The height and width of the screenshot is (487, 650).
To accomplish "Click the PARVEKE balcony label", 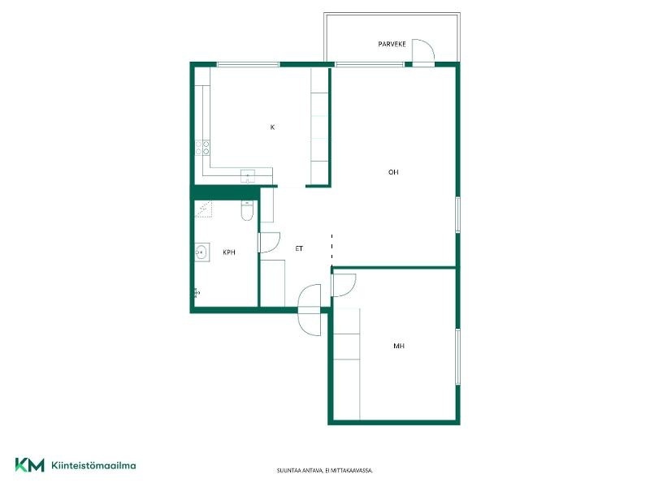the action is tap(392, 44).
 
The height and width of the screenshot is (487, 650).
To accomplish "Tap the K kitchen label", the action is tap(272, 127).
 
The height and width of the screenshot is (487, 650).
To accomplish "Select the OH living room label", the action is tap(393, 172).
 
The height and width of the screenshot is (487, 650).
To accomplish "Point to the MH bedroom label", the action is tap(399, 346).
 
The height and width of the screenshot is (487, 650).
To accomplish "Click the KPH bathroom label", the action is tap(229, 252).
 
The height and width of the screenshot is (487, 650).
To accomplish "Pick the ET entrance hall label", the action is tap(299, 248).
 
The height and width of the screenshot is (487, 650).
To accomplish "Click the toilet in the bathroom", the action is tap(247, 210).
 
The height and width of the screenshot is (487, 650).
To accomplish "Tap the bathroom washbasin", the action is tap(201, 252).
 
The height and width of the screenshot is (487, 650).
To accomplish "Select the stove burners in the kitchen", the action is tap(202, 148).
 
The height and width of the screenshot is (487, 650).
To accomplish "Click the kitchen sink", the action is tap(248, 175).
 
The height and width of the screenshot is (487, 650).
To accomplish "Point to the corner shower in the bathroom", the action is tap(204, 209).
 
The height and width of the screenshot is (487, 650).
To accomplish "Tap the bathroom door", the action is tap(269, 242).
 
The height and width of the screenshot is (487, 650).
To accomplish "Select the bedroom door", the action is tap(344, 285).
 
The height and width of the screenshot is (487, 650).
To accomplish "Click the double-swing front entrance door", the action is tap(310, 310).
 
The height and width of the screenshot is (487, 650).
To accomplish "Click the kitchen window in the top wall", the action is tap(249, 65).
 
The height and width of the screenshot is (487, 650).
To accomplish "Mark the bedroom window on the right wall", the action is tap(457, 357).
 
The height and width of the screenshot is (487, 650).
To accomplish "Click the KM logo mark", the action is tap(30, 464).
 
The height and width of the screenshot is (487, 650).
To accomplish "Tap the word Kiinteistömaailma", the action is tap(93, 465).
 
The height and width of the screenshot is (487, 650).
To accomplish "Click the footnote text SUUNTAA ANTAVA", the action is tap(299, 471).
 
